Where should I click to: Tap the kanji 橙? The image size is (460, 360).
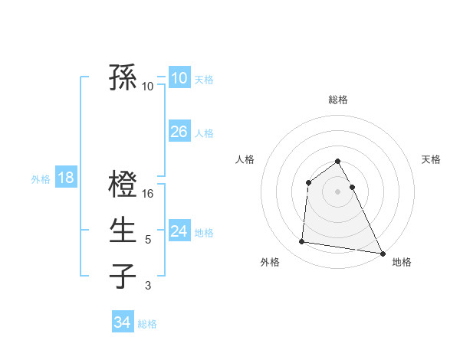pos(123,185)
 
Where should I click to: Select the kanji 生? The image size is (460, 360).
pos(123,231)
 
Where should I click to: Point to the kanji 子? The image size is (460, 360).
pos(123,276)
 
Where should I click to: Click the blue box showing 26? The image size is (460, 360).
pos(179,132)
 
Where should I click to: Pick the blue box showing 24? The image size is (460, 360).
pos(179,231)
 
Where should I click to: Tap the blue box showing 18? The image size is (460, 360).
pos(65,178)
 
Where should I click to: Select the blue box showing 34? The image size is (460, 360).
pos(122,322)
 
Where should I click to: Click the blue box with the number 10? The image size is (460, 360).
pos(179,78)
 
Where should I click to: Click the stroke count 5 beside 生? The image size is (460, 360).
pos(148,240)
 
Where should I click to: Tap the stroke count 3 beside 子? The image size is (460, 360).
pos(148,286)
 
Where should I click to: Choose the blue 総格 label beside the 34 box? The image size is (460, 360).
pos(147,324)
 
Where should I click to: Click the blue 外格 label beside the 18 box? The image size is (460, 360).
pos(41,179)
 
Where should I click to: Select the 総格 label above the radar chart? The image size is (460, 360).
pos(338,100)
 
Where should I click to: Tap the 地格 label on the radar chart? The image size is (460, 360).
pos(402,262)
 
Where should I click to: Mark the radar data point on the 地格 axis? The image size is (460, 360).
pos(383,253)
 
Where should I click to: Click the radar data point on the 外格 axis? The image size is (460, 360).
pos(302,242)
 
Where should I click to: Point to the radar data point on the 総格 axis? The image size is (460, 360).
pos(338,162)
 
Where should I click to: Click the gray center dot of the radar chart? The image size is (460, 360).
pos(338,191)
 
